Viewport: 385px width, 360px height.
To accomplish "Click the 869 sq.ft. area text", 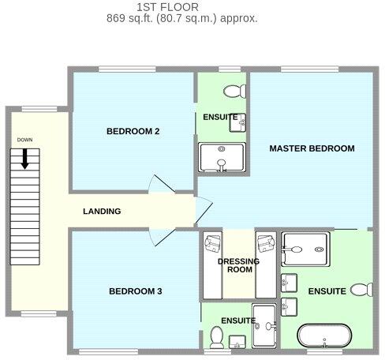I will (181, 17).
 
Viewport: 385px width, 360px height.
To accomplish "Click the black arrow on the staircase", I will (25, 159).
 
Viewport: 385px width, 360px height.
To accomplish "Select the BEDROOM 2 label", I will (133, 132).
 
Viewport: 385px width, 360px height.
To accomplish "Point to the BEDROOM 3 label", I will (135, 292).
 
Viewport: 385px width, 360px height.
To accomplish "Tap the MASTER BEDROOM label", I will (312, 148).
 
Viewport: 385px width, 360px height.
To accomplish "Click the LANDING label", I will (102, 212).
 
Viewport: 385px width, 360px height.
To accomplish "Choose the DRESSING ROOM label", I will (234, 265).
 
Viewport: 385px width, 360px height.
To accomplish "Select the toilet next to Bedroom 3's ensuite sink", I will (215, 339).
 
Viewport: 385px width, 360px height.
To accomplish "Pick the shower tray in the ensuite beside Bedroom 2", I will (222, 157).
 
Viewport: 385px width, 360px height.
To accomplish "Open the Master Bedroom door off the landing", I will (203, 209).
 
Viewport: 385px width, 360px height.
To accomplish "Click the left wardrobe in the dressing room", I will (211, 264).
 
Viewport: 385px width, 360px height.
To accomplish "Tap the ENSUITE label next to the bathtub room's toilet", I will (327, 291).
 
